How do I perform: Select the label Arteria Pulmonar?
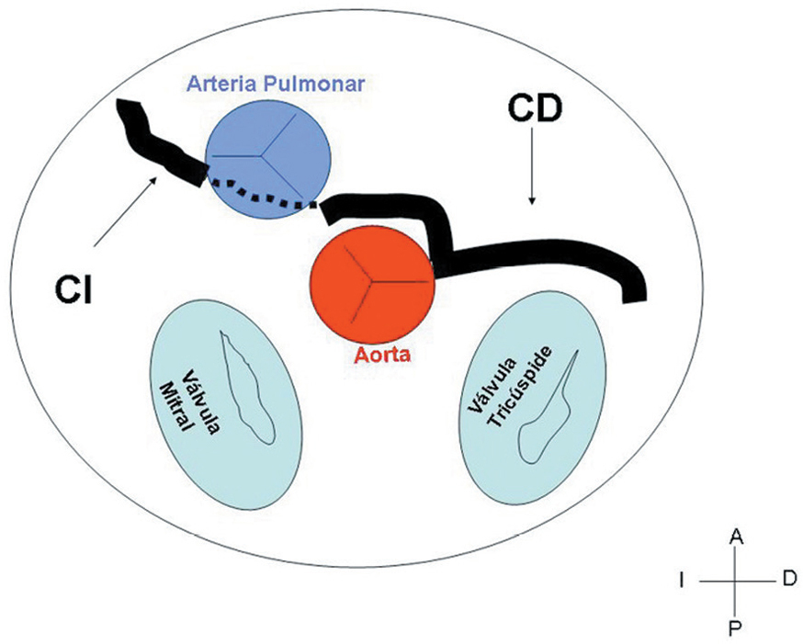click(x=277, y=84)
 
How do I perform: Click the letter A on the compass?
click(x=735, y=536)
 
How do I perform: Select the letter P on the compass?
click(x=735, y=628)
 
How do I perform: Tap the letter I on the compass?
click(x=681, y=581)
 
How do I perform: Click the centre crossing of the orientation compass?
click(x=735, y=582)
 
